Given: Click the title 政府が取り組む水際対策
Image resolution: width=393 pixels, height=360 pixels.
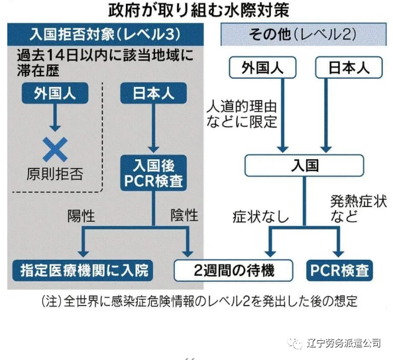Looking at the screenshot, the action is tap(199, 10).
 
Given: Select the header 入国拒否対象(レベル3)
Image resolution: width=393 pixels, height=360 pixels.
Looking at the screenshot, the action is tap(105, 34).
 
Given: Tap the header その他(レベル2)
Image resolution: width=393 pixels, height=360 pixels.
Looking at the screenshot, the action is tap(304, 34).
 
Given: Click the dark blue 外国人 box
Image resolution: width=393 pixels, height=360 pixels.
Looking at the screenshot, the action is tap(55, 93).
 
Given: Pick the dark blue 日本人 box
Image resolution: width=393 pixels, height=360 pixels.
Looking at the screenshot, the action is tap(153, 93).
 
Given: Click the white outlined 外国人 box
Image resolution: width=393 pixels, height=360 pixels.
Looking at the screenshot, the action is tap(262, 68).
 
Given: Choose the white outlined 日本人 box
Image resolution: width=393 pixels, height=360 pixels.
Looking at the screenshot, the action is tap(349, 68).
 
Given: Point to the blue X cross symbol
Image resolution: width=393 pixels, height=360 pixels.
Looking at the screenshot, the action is tap(55, 149).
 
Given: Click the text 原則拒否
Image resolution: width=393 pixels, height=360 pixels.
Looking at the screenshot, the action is tap(55, 174).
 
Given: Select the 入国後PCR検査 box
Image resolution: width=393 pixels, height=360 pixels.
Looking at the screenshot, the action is tap(153, 173).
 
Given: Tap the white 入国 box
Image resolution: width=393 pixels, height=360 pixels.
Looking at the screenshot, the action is tap(304, 166).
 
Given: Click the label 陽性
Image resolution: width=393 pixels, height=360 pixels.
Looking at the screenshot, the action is tap(82, 216).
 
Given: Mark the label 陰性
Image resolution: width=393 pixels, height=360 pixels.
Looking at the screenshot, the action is tap(184, 215).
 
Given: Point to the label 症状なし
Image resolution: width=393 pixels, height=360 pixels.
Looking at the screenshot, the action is tap(260, 217).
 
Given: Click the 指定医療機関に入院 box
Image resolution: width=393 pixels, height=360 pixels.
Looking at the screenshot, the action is tap(83, 270).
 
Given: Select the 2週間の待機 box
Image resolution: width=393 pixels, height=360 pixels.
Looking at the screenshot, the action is tap(233, 270).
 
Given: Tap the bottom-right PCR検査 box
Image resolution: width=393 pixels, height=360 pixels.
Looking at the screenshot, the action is tap(339, 270).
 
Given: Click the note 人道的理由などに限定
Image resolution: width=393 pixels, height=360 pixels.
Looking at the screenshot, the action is tap(242, 114).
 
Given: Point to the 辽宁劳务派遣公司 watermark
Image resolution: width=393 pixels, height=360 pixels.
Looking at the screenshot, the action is tap(335, 343).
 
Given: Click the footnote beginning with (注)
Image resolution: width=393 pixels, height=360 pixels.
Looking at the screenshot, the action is tap(199, 301).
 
